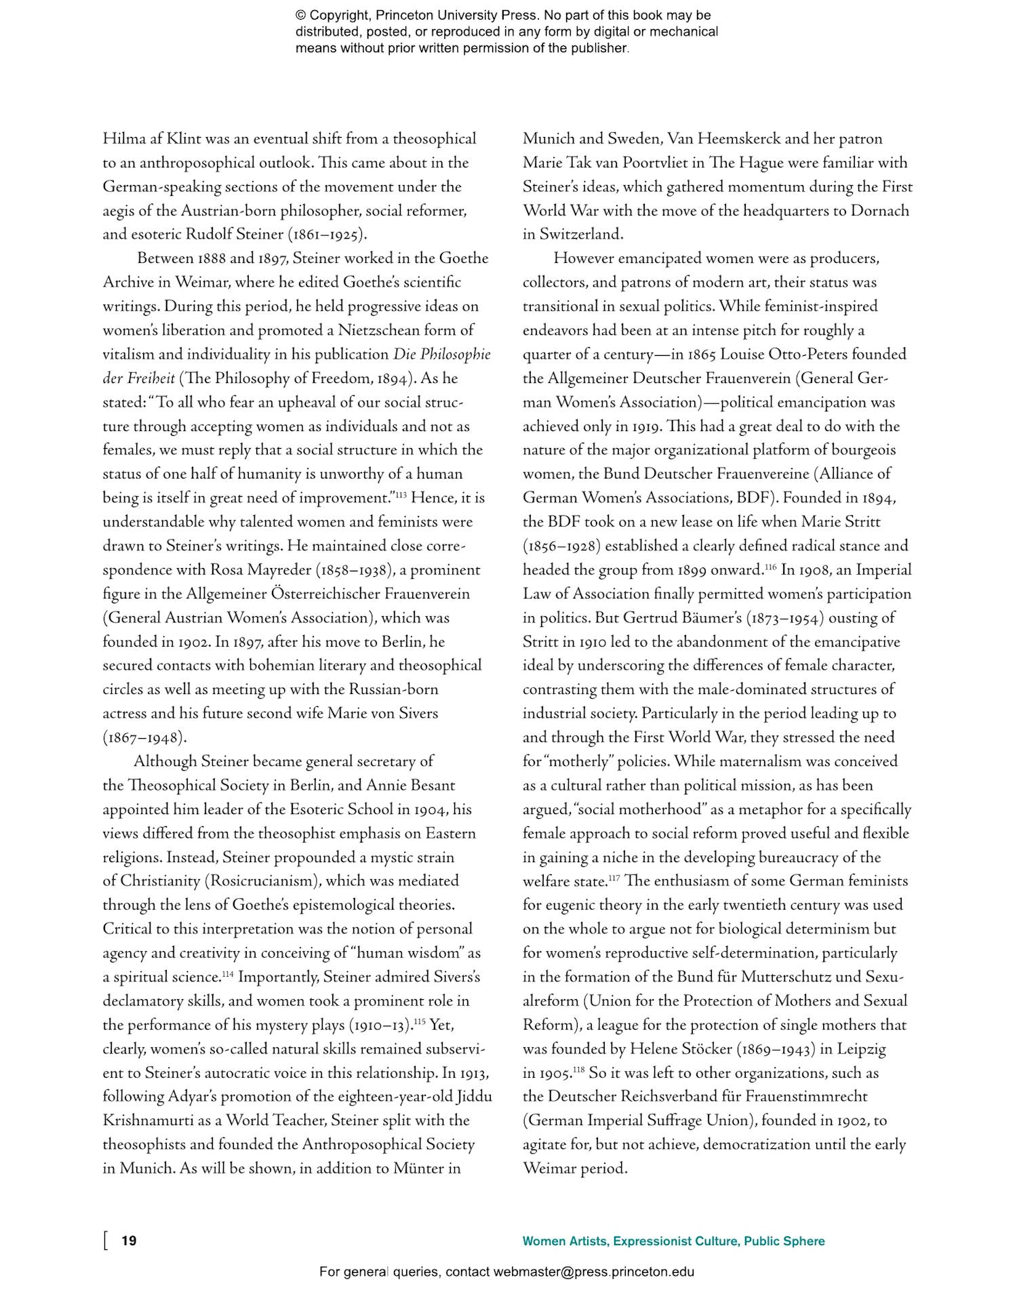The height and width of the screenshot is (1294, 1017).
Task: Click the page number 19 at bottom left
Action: pyautogui.click(x=129, y=1240)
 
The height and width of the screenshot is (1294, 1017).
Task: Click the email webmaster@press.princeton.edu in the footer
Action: pyautogui.click(x=593, y=1272)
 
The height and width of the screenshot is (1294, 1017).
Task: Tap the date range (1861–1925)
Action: pyautogui.click(x=328, y=235)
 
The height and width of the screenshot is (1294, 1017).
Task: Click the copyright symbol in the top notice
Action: pyautogui.click(x=300, y=16)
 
